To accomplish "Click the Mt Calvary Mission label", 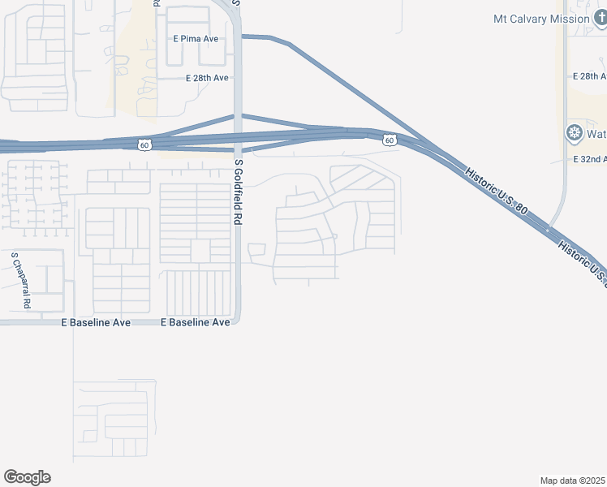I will coord(541,19).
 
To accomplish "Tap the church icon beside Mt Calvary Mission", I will coord(599,19).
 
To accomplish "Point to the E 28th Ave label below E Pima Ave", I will coord(207,78).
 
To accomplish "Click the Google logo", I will coord(27,477).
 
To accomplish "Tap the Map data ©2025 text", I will coord(573,481).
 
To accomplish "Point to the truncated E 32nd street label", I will coord(589,160).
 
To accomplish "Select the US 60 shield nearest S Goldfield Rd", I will coord(144,144).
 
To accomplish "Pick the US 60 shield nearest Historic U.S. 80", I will coord(390,140).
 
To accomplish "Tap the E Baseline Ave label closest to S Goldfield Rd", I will coord(196,322).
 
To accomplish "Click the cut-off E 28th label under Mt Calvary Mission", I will coord(589,75).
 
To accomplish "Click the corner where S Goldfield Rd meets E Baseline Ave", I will coord(236,321).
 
